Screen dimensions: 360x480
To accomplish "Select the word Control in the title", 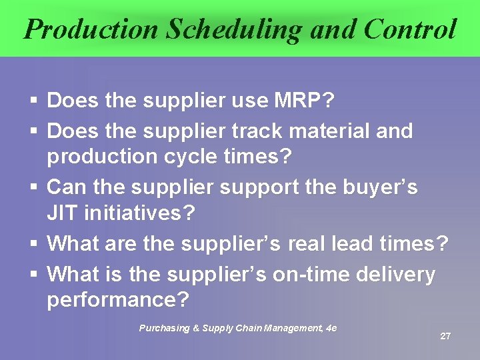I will (409, 29).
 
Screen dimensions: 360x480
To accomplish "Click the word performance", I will (117, 300).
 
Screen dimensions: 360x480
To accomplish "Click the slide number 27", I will (445, 336).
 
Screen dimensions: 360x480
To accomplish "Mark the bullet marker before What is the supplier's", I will (34, 275).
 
